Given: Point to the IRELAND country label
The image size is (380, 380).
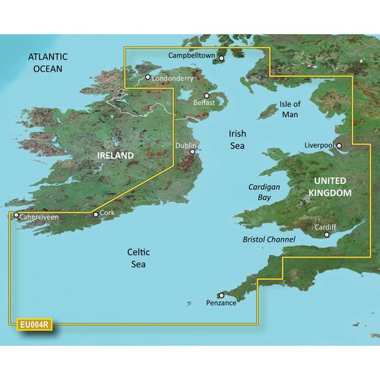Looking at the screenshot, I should coord(116,156).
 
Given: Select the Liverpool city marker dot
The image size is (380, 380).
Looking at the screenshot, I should coord(340,146).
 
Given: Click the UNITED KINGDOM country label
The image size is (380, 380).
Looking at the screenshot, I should coord(331,187).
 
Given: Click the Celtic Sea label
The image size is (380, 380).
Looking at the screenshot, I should coord(138,257).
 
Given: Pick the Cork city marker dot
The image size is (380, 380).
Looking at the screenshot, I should coord(95,214).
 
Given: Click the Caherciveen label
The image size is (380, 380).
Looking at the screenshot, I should coord(40,217).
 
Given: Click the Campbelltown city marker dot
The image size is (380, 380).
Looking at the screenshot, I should coord(221,57).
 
